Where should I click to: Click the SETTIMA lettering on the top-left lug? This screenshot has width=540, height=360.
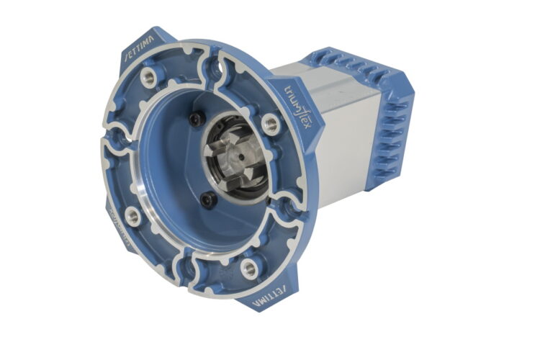139,49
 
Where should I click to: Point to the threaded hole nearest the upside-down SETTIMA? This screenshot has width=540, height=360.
249,269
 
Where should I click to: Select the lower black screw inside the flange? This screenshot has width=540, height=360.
207,200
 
